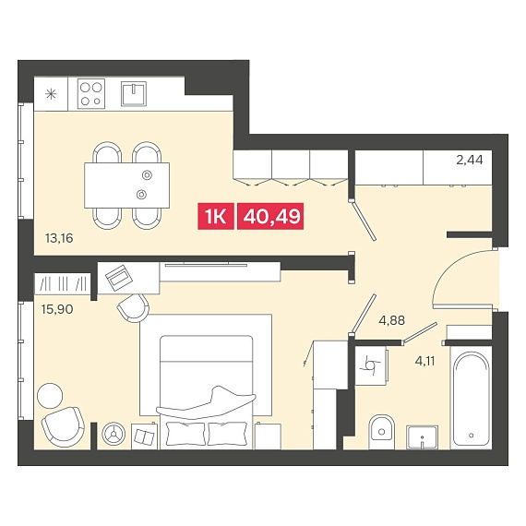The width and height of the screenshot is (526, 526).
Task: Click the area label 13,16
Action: click(59, 238)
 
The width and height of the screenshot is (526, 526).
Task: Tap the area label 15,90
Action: click(57, 309)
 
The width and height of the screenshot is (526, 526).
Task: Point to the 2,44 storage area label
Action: click(470, 160)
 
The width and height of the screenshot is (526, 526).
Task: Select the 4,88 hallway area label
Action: click(391, 320)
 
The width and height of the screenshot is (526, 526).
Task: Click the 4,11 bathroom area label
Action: click(424, 362)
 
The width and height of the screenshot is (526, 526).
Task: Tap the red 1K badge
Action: click(216, 216)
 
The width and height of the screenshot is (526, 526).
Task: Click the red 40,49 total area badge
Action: click(270, 216)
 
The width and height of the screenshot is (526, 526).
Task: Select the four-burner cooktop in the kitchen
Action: click(91, 93)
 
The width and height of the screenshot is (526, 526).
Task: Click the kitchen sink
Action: click(134, 93)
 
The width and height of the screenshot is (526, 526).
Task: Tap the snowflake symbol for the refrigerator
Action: click(51, 93)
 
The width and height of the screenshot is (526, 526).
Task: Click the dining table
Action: click(126, 185)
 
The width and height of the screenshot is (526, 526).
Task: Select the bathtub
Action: click(471, 398)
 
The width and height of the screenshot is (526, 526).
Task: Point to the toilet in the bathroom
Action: click(381, 431)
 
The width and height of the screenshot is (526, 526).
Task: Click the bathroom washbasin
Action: click(422, 436)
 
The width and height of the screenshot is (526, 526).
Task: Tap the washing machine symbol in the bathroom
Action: click(370, 365)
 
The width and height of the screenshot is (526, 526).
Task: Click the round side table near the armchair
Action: click(50, 396)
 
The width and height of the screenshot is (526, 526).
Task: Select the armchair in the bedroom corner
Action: click(63, 426)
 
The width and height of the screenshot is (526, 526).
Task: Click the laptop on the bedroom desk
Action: click(119, 278)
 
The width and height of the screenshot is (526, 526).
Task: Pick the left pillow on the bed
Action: click(185, 434)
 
